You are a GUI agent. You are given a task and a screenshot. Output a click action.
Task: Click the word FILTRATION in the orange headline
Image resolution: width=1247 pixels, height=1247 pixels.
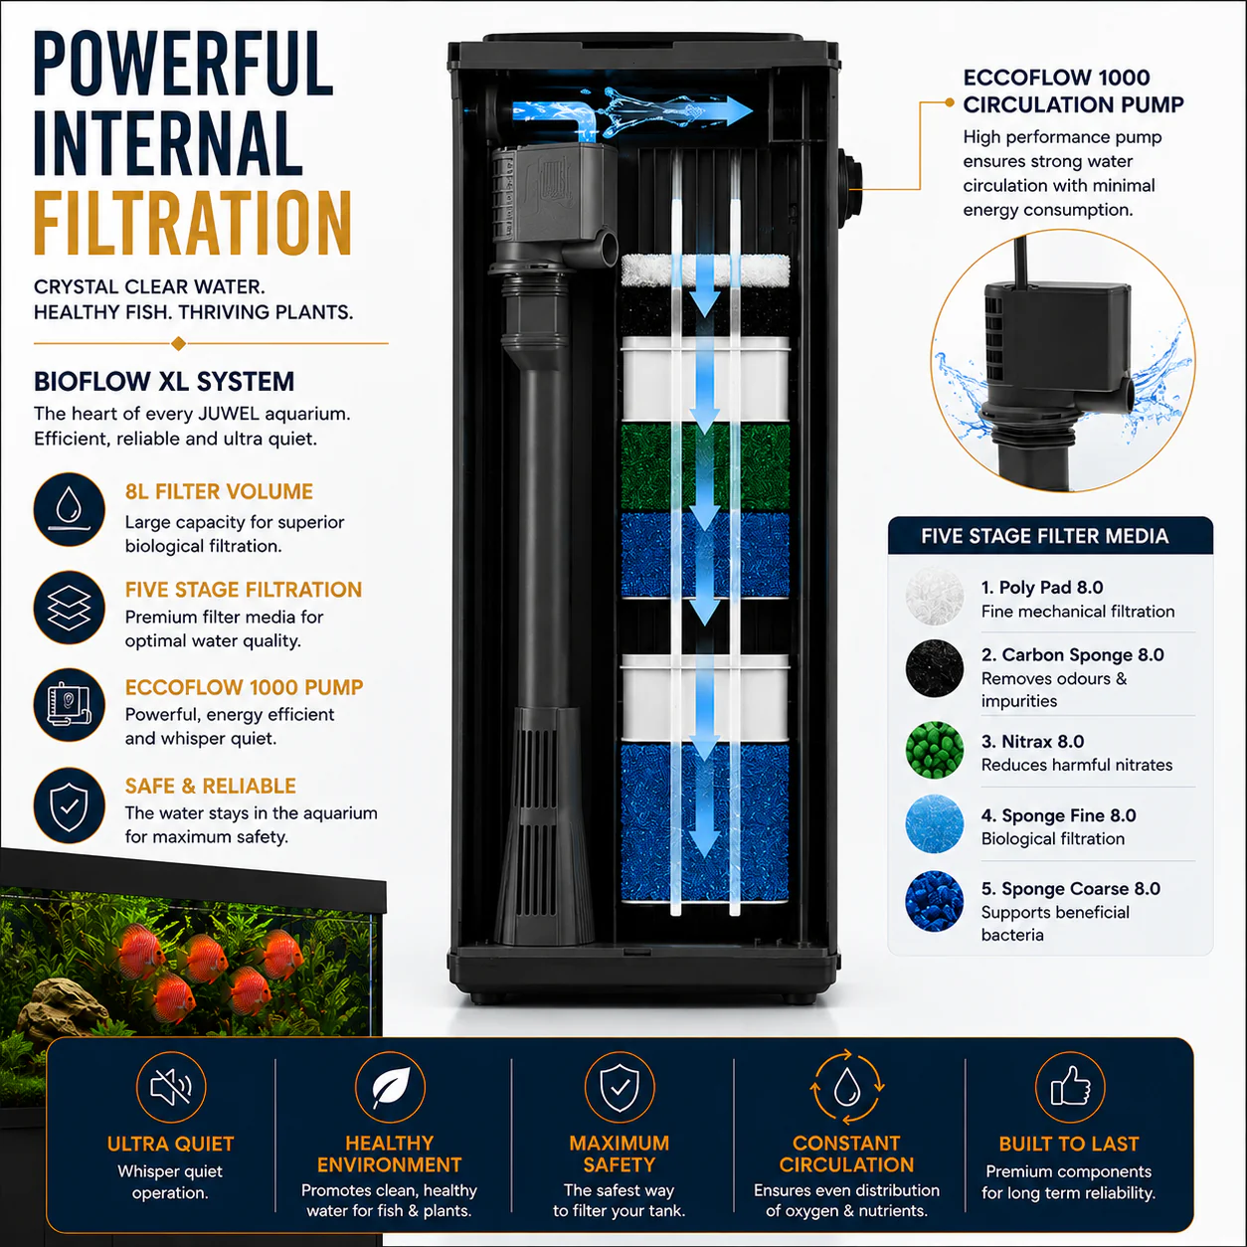pos(193,224)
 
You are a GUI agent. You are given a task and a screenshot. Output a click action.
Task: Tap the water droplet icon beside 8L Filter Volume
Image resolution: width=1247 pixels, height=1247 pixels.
pos(70,509)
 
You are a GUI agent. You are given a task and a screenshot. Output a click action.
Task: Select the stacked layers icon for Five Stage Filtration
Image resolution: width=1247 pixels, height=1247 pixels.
pos(70,608)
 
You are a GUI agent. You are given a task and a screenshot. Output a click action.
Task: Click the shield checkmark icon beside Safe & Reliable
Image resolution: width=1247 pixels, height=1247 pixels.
pos(70,805)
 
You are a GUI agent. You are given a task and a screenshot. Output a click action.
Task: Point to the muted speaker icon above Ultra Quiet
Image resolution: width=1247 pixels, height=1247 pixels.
pos(171,1087)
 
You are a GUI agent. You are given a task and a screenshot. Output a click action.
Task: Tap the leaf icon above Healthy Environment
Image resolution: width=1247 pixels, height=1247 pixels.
pos(390,1087)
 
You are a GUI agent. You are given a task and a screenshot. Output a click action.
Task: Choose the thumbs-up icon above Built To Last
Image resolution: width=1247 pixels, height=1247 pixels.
pos(1070,1087)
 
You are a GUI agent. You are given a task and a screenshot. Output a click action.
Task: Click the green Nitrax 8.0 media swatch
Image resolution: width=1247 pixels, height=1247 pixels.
pos(935,750)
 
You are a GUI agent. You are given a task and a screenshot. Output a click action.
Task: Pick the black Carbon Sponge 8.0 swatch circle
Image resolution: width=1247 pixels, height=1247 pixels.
pos(935,668)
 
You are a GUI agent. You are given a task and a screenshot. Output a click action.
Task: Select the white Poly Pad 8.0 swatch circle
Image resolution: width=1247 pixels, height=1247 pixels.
pos(935,596)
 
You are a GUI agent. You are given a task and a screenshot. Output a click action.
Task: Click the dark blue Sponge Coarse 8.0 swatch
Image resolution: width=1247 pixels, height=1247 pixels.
pos(935,901)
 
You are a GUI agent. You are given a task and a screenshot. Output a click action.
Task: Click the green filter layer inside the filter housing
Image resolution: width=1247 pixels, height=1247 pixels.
pos(705,466)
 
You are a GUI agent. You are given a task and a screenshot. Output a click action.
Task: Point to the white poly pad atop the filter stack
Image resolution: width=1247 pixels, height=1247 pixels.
pos(705,270)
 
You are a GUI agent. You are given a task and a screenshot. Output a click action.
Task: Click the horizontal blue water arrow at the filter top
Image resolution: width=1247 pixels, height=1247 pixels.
pos(632,110)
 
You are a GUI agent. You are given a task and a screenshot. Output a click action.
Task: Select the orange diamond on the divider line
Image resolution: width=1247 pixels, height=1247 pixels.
pos(179,344)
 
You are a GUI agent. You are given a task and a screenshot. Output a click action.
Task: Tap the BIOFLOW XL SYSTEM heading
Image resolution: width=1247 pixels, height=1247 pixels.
pos(164,382)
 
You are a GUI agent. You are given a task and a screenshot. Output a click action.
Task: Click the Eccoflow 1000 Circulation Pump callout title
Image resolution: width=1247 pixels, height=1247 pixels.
pos(1074,90)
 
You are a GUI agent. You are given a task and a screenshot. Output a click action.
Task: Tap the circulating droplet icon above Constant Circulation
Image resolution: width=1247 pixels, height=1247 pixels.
pos(847,1087)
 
